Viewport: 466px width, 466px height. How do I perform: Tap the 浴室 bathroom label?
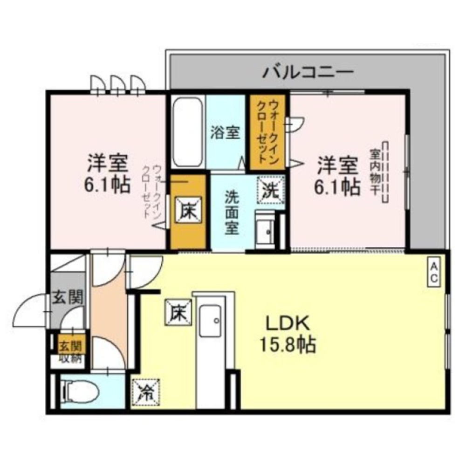coord(225,133)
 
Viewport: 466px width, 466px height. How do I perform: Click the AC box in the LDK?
coord(433,272)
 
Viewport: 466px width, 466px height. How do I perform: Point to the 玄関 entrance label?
coord(68,297)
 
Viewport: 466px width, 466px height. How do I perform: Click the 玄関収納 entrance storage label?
coord(70,352)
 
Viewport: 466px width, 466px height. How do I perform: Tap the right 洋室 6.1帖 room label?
coord(338,175)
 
